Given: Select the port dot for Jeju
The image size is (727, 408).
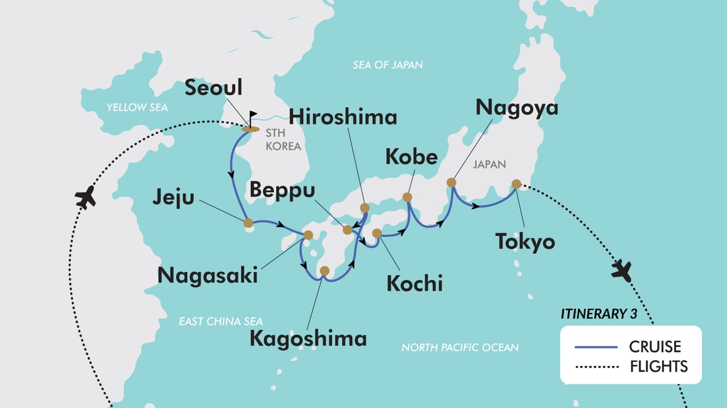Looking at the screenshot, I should coord(248,223).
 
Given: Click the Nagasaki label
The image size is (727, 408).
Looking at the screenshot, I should coord(207,275).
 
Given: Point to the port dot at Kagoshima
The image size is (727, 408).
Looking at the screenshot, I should coord(325,271).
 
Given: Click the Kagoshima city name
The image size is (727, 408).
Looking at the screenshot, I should coord(308,338).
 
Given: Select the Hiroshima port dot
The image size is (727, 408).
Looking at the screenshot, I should coord(365,208).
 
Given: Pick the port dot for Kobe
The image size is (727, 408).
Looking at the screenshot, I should coord(407,197).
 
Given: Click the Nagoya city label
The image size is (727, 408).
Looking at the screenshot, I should coord(517,107).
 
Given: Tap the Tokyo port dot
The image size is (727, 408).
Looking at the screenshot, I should coord(516,184).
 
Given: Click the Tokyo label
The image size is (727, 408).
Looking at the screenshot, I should coord(525,242).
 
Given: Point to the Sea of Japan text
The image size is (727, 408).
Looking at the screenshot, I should coord(388,64).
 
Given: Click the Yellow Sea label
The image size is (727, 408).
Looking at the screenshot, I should coord(137,107).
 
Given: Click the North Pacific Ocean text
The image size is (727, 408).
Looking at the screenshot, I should coord(460,347).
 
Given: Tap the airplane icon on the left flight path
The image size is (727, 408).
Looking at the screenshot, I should coord(85,197).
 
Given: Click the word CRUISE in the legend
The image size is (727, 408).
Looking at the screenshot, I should coord(655,347).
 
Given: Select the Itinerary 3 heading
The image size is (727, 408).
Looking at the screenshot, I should coord(602,314).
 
